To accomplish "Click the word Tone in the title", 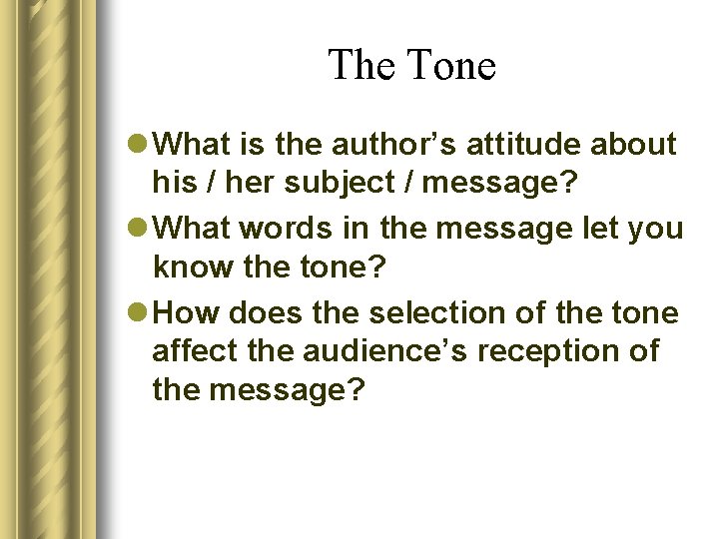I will (x=451, y=66).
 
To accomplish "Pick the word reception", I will (x=561, y=351).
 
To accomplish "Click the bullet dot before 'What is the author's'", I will (x=143, y=146).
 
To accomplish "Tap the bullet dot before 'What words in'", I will (x=143, y=230).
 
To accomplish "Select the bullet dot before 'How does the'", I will (x=143, y=314).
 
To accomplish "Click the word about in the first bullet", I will (x=633, y=145).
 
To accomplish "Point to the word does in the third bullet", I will (x=267, y=313).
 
